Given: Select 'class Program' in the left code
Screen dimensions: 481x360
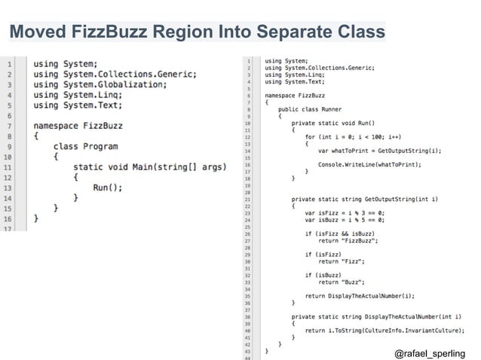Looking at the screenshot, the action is [85, 146].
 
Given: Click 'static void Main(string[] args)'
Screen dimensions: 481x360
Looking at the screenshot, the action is [149, 166].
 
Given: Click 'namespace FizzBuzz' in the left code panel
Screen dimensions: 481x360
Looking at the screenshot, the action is [78, 125].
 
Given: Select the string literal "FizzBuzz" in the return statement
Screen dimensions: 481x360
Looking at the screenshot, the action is [358, 240].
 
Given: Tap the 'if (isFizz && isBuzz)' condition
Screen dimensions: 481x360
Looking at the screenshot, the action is [339, 233].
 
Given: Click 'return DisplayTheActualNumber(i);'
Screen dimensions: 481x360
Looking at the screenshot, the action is [360, 296].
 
